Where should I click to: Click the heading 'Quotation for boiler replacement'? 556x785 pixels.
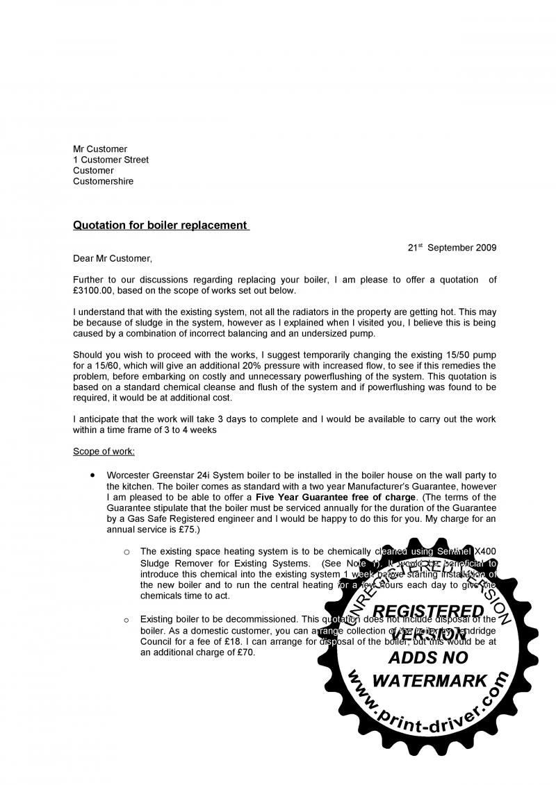pos(161,226)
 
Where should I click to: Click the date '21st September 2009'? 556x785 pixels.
pos(452,248)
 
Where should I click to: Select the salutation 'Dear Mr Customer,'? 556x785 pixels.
pos(112,259)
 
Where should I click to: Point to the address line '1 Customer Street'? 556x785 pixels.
pos(111,160)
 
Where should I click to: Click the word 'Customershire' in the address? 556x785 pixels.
pos(104,182)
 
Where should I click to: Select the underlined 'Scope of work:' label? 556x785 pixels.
pos(104,452)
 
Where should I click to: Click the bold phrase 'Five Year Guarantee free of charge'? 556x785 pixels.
pos(336,498)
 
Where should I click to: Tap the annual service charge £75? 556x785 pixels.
pos(187,530)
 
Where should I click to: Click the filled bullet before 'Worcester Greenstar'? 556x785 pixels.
pos(92,475)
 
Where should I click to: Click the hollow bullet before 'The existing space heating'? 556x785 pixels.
pos(126,552)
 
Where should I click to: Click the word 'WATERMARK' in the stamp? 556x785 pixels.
pos(430,681)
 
